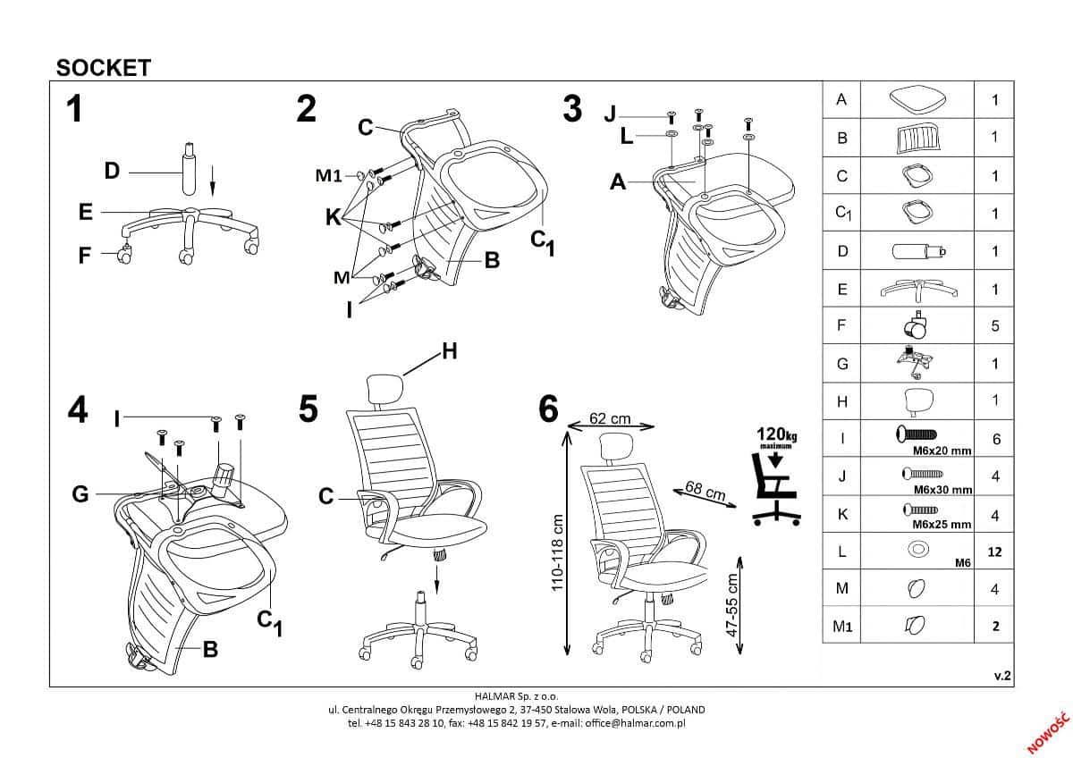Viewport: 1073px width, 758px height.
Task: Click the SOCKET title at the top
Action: pyautogui.click(x=104, y=68)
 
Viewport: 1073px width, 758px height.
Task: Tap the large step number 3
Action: pyautogui.click(x=572, y=109)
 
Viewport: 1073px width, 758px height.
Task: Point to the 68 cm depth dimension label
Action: pyautogui.click(x=705, y=490)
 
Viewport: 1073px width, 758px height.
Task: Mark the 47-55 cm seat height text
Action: pyautogui.click(x=733, y=604)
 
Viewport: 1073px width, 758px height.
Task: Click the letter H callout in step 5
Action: pyautogui.click(x=450, y=352)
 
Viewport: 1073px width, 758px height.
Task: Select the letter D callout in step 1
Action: pyautogui.click(x=112, y=171)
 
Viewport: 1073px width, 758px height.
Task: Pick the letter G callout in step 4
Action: pyautogui.click(x=80, y=493)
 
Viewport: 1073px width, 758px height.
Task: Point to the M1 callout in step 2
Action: pyautogui.click(x=329, y=176)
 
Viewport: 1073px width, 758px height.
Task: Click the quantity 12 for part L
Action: pyautogui.click(x=994, y=552)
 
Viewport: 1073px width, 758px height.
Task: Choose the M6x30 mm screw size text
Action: pyautogui.click(x=943, y=490)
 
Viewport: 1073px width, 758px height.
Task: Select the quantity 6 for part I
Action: pyautogui.click(x=995, y=439)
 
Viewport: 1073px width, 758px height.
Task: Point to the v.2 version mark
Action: pyautogui.click(x=1001, y=677)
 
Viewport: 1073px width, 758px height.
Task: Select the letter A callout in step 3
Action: pyautogui.click(x=618, y=182)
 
